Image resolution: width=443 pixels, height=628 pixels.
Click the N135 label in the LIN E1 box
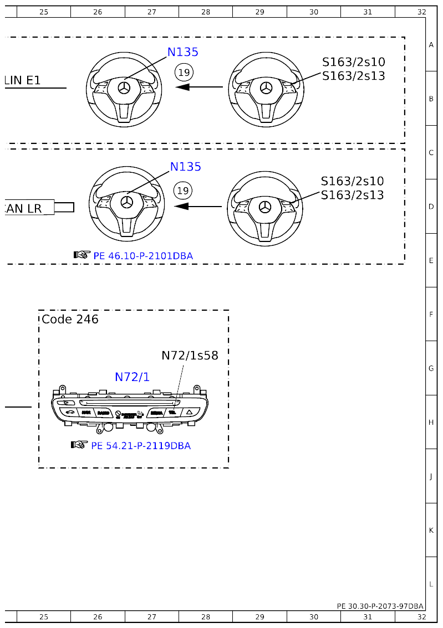pos(182,52)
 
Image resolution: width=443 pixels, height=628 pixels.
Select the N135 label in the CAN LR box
pos(185,167)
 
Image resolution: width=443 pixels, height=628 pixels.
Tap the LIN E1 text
pos(22,80)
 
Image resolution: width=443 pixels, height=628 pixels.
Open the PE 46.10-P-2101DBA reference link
pos(143,256)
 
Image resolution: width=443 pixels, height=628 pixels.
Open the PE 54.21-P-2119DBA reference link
pos(141,446)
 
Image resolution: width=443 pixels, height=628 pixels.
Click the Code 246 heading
pos(70,320)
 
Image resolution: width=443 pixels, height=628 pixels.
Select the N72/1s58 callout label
pos(190,356)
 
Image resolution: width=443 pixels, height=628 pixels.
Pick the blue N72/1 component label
pos(132,377)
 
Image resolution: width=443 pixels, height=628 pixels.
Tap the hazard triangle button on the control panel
pos(190,413)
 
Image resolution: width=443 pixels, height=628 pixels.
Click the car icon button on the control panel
pos(68,413)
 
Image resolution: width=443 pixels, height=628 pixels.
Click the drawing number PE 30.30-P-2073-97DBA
pos(380,606)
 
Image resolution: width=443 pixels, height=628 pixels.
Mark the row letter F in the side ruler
pos(431,315)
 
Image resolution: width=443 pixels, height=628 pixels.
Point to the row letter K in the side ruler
pos(431,530)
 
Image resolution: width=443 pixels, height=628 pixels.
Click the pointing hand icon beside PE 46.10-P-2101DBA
pos(82,255)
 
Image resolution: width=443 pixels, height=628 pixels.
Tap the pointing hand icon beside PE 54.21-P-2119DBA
pos(79,445)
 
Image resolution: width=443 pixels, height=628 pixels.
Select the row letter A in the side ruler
pos(431,45)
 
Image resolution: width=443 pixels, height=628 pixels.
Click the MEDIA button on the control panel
pos(156,413)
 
